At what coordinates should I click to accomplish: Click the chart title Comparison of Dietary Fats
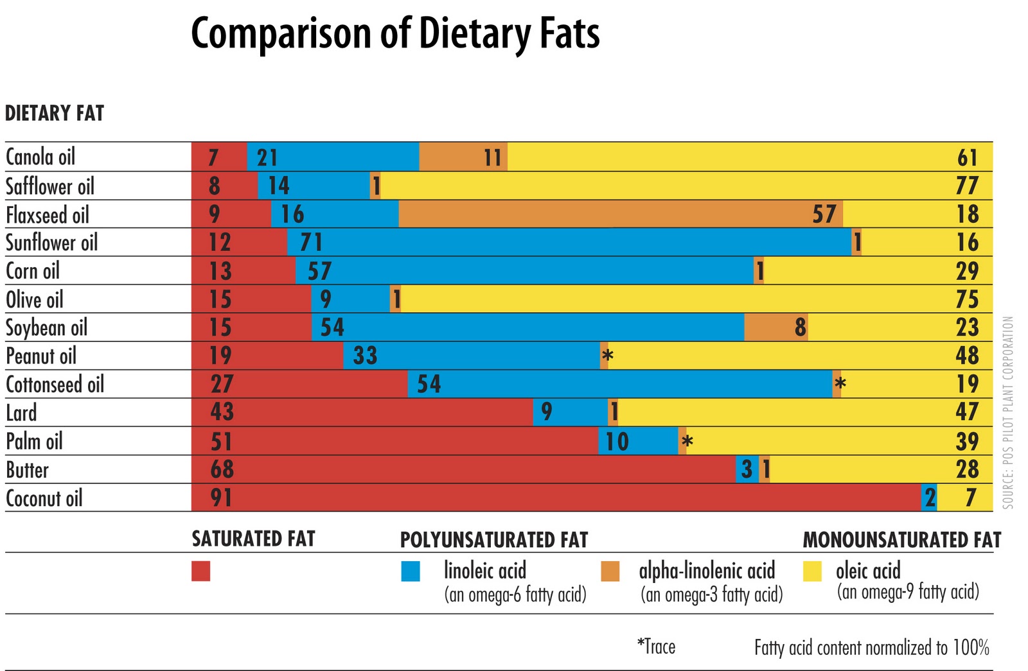pos(395,33)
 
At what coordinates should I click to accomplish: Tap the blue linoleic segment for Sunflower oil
pos(569,242)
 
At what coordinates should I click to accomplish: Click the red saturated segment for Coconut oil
pos(556,498)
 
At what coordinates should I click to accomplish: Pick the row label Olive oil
pos(35,299)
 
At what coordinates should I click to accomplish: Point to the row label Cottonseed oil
pos(55,384)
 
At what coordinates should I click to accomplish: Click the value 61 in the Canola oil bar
pos(967,157)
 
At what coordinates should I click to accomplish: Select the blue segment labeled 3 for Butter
pos(747,469)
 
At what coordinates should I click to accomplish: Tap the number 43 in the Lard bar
pos(222,412)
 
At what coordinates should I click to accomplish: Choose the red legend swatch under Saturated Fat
pos(201,571)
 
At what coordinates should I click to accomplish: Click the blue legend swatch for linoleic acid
pos(411,571)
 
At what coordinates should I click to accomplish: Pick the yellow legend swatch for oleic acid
pos(813,571)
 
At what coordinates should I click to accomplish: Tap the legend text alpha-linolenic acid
pos(707,570)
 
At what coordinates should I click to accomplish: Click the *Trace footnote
pos(656,646)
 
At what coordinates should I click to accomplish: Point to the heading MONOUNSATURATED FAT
pos(901,540)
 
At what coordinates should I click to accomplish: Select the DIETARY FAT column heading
pos(55,114)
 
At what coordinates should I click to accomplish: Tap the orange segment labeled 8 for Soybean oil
pos(776,327)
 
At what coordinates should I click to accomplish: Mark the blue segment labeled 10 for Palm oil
pos(638,441)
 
